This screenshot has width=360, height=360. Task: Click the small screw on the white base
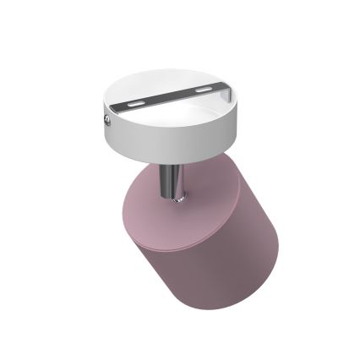107,120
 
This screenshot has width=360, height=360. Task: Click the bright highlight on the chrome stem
168,182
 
